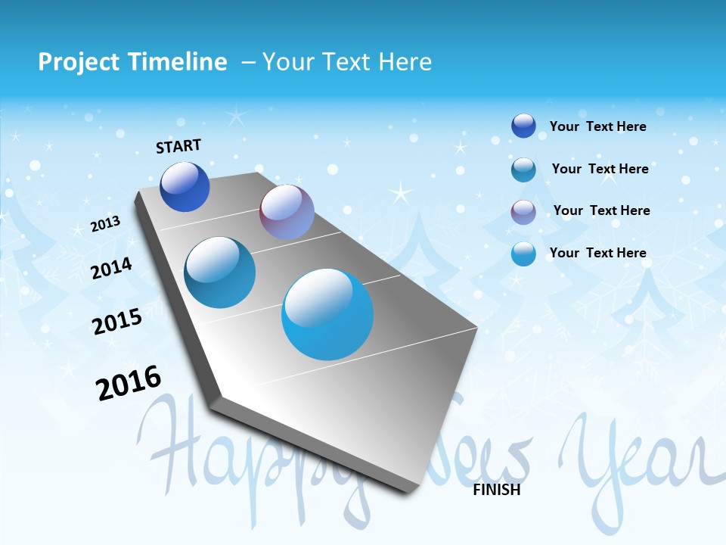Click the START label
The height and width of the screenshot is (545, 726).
click(178, 146)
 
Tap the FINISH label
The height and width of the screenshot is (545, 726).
click(497, 490)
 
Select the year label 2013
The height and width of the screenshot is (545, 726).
click(106, 224)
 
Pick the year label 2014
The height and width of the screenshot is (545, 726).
click(112, 268)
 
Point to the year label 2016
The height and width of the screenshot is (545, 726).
click(129, 383)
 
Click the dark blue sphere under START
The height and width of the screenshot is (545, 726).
click(185, 187)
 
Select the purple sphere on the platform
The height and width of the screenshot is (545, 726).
click(287, 212)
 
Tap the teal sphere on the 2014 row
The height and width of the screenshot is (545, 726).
click(220, 272)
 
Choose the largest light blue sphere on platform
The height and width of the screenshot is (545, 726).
click(327, 313)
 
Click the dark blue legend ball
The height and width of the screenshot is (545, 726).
click(523, 126)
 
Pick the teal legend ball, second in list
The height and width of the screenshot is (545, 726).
click(523, 170)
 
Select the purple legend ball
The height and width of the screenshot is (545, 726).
click(523, 212)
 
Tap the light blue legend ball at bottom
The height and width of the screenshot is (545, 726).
click(523, 254)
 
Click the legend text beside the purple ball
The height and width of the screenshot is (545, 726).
click(601, 210)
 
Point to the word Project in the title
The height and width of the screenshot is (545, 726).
click(79, 62)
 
